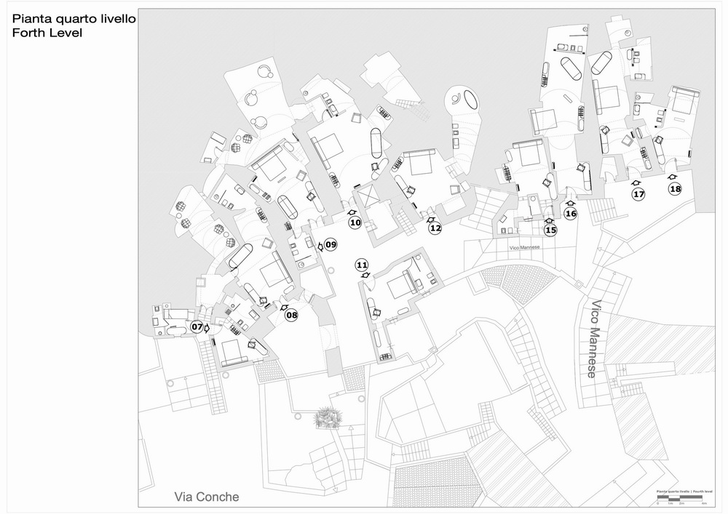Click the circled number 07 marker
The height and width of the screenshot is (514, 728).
click(x=197, y=327)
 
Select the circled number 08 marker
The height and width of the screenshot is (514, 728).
click(x=291, y=316)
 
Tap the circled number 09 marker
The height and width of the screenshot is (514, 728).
click(x=331, y=245)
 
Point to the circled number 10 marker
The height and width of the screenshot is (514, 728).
click(x=355, y=222)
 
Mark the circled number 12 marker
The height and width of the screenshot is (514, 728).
click(x=435, y=228)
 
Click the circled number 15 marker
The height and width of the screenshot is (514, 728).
click(x=550, y=230)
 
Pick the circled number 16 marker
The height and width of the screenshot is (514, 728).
click(x=571, y=214)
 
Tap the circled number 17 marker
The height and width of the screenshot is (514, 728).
click(x=638, y=194)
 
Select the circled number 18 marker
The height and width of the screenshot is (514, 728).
click(x=676, y=189)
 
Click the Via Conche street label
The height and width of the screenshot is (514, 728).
click(x=206, y=497)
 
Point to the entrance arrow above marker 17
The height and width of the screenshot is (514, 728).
click(x=635, y=183)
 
